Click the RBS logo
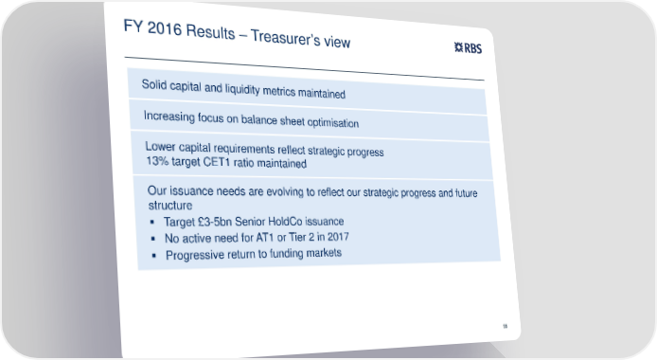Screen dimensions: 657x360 tap(468, 47)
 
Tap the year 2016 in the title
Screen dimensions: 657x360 tap(165, 28)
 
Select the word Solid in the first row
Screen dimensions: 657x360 tap(154, 84)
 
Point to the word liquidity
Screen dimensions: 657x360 tap(242, 89)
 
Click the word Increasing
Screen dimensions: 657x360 tap(169, 117)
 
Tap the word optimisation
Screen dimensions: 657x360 tap(333, 122)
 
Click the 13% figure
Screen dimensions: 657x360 tap(157, 160)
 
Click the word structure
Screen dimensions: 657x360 tap(170, 206)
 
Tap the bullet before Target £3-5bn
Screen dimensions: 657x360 tap(152, 222)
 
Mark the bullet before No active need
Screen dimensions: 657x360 tap(153, 239)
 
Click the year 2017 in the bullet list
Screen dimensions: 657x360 tap(338, 237)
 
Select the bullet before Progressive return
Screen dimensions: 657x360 tap(154, 255)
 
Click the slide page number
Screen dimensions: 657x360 tap(505, 326)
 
